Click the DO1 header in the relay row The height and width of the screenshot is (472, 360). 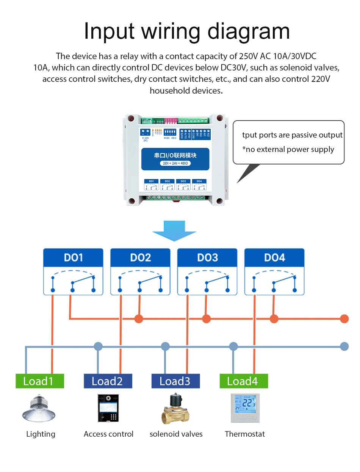tap(73, 258)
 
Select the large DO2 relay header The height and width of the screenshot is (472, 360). tap(140, 258)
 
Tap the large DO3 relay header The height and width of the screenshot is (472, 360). tap(207, 258)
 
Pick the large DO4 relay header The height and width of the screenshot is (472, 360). tap(274, 258)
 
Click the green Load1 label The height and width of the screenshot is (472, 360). tap(39, 381)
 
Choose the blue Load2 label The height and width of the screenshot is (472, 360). tap(108, 381)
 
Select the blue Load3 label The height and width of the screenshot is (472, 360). tap(175, 381)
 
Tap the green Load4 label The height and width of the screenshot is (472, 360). tap(244, 381)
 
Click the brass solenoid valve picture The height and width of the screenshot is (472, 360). tap(175, 409)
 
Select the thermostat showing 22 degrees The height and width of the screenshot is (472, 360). tap(245, 408)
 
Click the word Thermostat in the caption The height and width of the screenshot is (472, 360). tap(245, 434)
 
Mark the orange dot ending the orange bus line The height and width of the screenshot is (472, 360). tap(344, 318)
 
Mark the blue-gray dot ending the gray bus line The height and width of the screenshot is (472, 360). tap(344, 346)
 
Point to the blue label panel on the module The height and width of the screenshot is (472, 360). tap(175, 159)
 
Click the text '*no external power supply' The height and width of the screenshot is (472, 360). tap(288, 149)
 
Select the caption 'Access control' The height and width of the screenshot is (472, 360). tap(108, 434)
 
